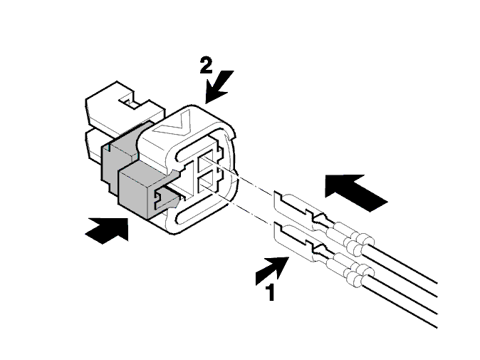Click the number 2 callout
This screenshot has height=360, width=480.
(x=206, y=66)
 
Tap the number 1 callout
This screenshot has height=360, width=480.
(x=270, y=292)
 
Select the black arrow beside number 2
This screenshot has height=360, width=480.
(x=219, y=86)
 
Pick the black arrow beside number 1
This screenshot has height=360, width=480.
(x=272, y=271)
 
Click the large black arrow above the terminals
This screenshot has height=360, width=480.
(x=356, y=192)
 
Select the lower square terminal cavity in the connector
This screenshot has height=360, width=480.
(x=207, y=182)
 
